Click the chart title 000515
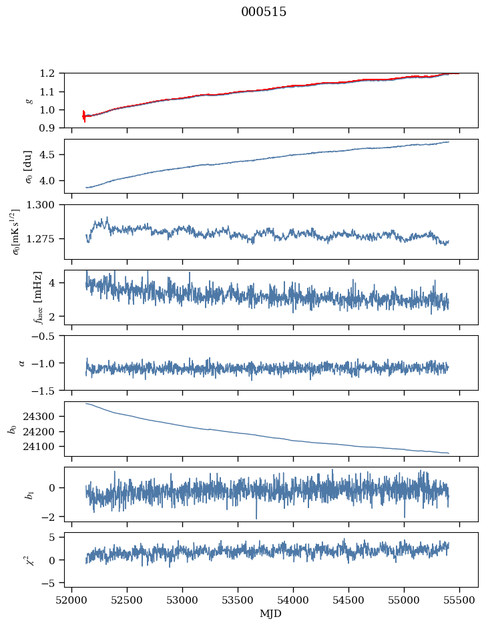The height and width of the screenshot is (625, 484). point(264,12)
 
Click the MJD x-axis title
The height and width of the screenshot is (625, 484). point(271,613)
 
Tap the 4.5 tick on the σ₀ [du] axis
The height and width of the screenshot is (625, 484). point(50,155)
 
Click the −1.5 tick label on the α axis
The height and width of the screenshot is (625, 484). point(45,390)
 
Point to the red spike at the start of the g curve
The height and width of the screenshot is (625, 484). point(84,116)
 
